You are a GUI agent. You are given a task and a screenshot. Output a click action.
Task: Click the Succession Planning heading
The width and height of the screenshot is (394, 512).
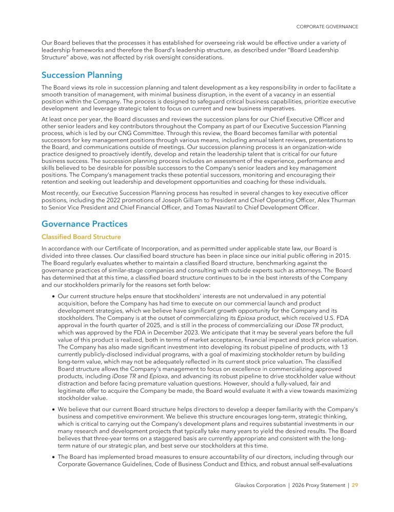82,75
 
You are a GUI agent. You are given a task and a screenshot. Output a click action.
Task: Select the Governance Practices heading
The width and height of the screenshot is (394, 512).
84,224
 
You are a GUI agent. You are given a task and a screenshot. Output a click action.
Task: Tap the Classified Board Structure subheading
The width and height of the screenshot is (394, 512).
81,237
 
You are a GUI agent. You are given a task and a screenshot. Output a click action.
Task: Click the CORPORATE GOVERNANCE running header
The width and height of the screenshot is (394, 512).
327,27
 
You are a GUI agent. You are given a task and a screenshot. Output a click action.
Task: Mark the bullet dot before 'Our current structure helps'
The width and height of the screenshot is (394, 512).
53,296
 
